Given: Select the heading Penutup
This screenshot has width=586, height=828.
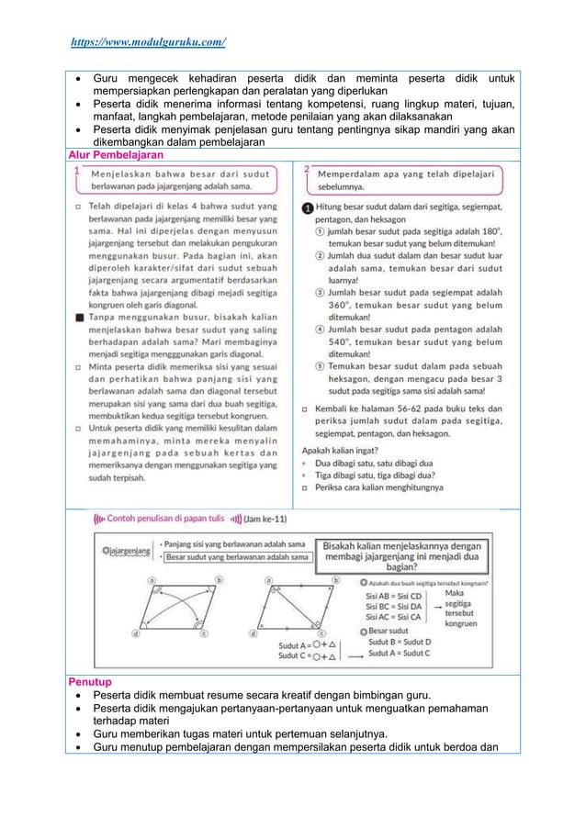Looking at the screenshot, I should pos(88,683).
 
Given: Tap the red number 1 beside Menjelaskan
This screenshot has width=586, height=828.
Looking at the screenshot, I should pos(80,171).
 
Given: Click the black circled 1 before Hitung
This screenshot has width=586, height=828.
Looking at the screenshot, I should pos(308,209).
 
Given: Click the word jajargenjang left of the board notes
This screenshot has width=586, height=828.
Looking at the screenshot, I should pos(125,551).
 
